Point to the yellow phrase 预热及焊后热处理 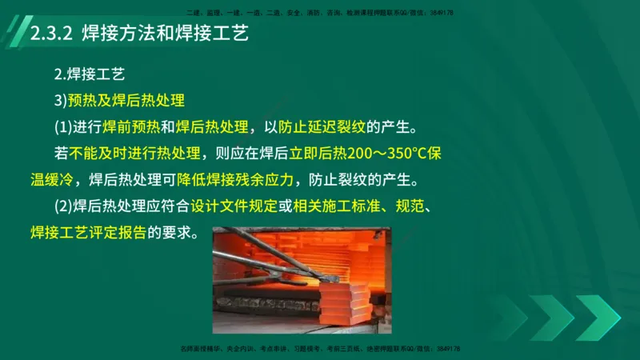tap(127, 101)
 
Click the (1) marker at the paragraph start tap(63, 127)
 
